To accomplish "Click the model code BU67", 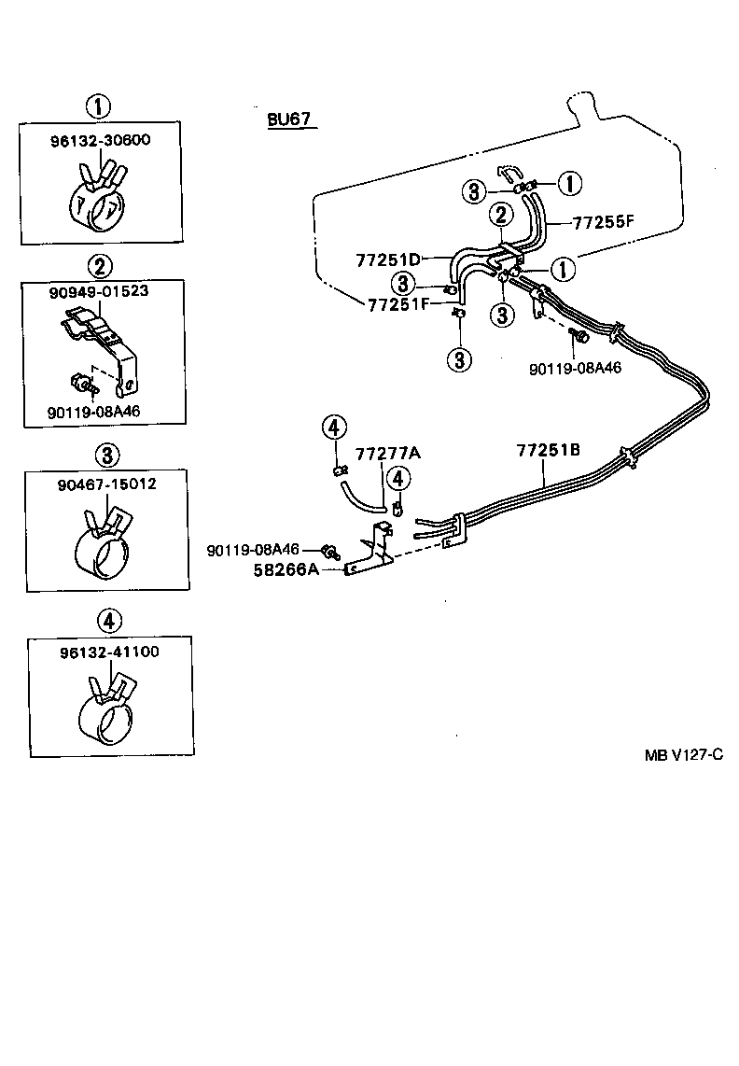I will point(289,120).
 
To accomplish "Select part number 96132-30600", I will point(100,140).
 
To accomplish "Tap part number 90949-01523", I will point(100,291).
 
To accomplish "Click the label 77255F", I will point(603,222).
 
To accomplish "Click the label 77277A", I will point(388,454).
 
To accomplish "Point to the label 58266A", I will point(285,568).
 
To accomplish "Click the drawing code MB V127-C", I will point(683,754).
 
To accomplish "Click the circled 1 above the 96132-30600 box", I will point(101,105).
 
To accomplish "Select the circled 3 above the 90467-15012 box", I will point(108,455).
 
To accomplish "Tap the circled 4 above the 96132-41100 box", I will point(108,620).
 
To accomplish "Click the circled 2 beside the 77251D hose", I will point(501,215).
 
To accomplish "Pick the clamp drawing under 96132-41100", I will point(108,710).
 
